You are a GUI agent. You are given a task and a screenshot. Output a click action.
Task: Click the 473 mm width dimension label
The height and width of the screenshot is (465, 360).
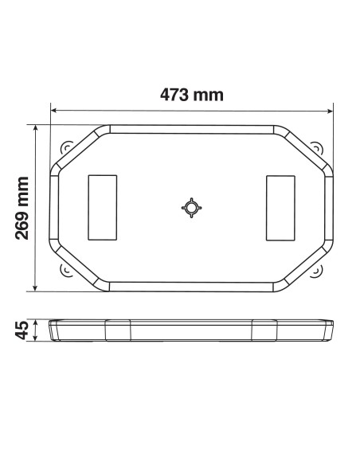point(191,96)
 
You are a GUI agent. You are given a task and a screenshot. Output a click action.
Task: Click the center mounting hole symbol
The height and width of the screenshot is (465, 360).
point(192,208)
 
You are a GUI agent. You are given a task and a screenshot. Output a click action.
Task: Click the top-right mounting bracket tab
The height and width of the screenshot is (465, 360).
point(316,148)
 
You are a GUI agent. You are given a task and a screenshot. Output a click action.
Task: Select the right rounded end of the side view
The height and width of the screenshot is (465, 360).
point(330,330)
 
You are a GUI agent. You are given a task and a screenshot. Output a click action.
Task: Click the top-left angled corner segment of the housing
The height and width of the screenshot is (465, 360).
point(80,148)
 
